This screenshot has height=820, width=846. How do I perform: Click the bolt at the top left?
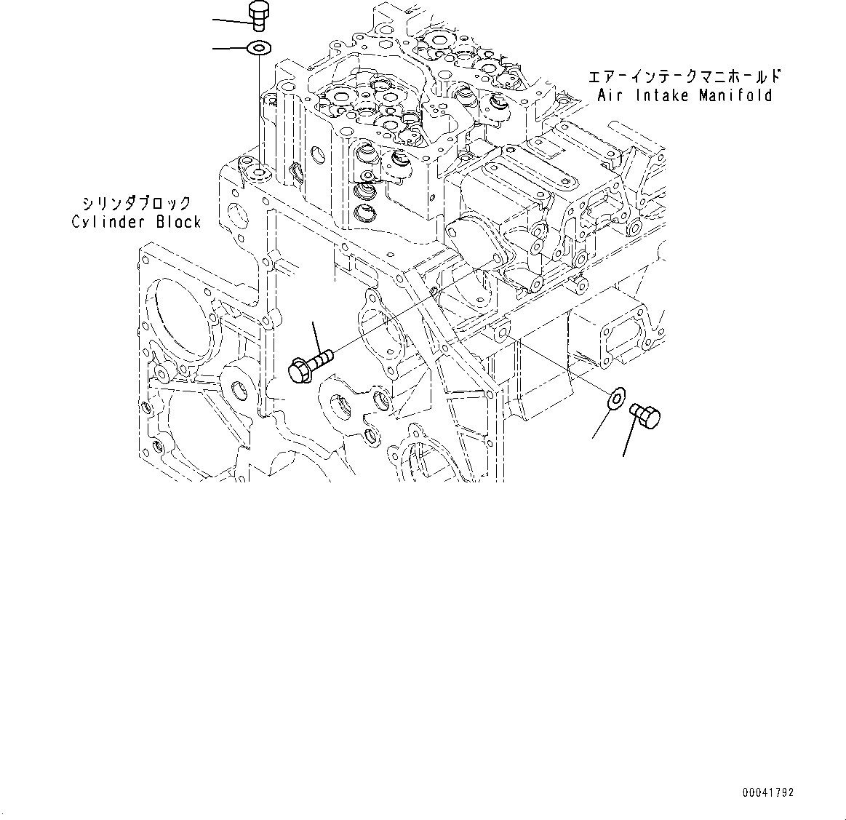point(258,15)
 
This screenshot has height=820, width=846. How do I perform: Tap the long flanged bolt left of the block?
point(311,363)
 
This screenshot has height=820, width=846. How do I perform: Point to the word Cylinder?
point(110,222)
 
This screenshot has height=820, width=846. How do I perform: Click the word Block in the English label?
point(178,222)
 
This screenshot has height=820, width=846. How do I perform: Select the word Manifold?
point(735,95)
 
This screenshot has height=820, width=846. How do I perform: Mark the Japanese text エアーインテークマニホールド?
point(685,76)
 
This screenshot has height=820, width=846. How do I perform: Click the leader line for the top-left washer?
point(230,49)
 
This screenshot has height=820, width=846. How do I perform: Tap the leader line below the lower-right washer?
point(602,424)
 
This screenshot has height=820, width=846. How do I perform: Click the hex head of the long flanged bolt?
point(300,370)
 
